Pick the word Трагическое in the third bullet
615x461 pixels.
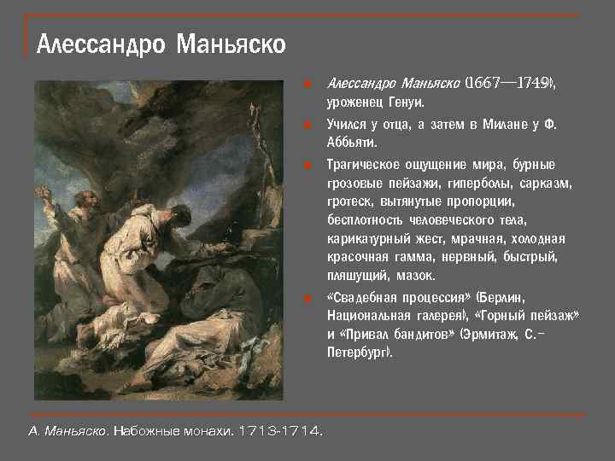365,165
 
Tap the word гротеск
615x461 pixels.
349,202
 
